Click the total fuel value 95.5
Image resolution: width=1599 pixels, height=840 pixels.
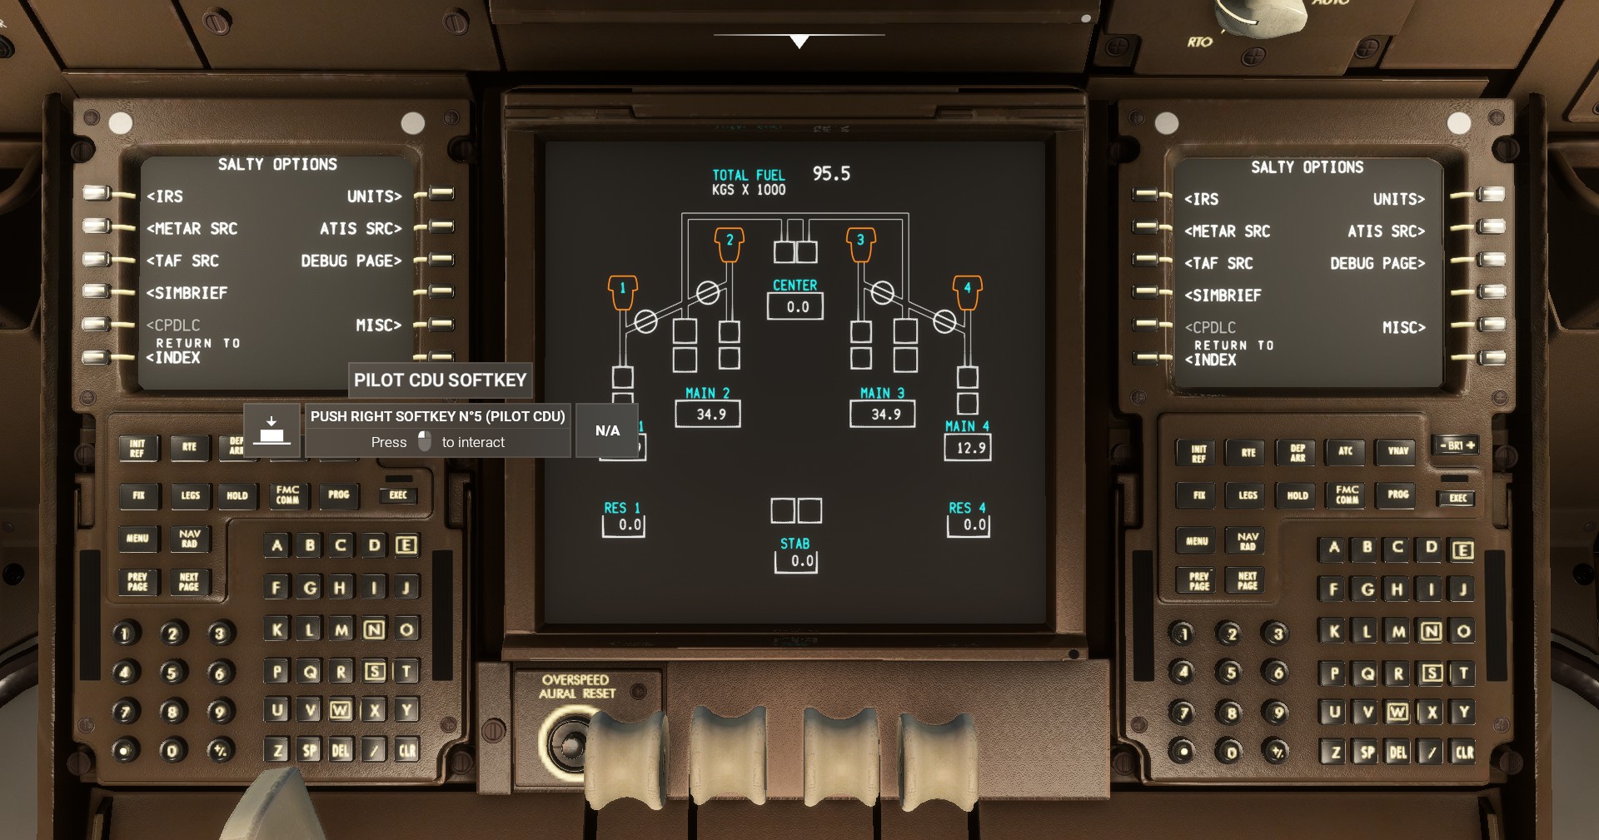click(831, 174)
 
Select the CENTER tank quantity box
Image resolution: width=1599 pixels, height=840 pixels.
click(795, 306)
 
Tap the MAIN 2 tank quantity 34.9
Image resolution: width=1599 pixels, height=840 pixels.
click(710, 414)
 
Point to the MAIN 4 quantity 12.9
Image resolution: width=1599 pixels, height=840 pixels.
click(969, 448)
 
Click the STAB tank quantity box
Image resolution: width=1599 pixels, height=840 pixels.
click(797, 561)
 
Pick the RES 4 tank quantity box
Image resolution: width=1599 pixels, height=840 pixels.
click(969, 525)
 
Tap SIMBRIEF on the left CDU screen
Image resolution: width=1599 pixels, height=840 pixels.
click(187, 293)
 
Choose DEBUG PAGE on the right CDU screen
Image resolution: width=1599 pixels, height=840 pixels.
click(1377, 264)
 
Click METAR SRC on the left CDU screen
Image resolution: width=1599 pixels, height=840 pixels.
click(192, 229)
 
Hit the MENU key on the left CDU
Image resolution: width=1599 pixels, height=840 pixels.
click(137, 539)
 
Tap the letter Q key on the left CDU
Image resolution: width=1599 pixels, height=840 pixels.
click(310, 672)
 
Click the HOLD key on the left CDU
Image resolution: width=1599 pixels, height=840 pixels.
click(237, 495)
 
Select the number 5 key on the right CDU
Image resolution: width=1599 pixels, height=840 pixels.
click(1230, 673)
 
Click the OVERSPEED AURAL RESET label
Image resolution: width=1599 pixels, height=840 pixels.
click(576, 687)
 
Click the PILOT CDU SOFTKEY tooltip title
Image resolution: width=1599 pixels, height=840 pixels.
click(440, 380)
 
